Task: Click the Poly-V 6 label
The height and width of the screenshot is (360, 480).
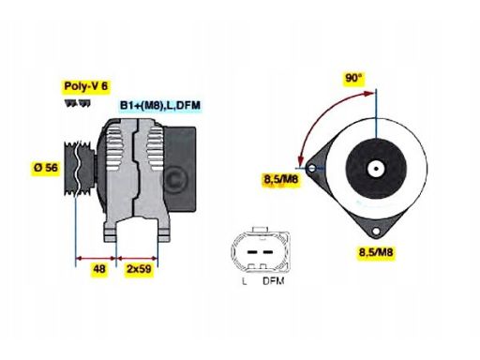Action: pyautogui.click(x=84, y=86)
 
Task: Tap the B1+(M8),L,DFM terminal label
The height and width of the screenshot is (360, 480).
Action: pyautogui.click(x=159, y=106)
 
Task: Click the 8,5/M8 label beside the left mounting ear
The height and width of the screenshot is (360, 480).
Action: pyautogui.click(x=280, y=178)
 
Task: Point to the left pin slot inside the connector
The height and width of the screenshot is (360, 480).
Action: pyautogui.click(x=248, y=250)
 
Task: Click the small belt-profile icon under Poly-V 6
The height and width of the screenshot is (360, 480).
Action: pyautogui.click(x=76, y=101)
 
